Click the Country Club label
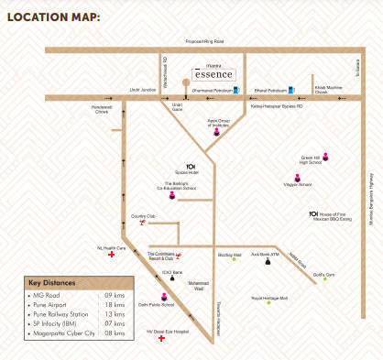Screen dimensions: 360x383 [x=144, y=215]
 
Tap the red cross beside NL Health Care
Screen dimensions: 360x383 [x=112, y=256]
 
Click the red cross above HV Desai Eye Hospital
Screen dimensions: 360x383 [x=162, y=338]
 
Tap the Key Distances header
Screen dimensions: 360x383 [x=54, y=283]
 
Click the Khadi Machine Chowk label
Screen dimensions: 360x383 [x=328, y=90]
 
